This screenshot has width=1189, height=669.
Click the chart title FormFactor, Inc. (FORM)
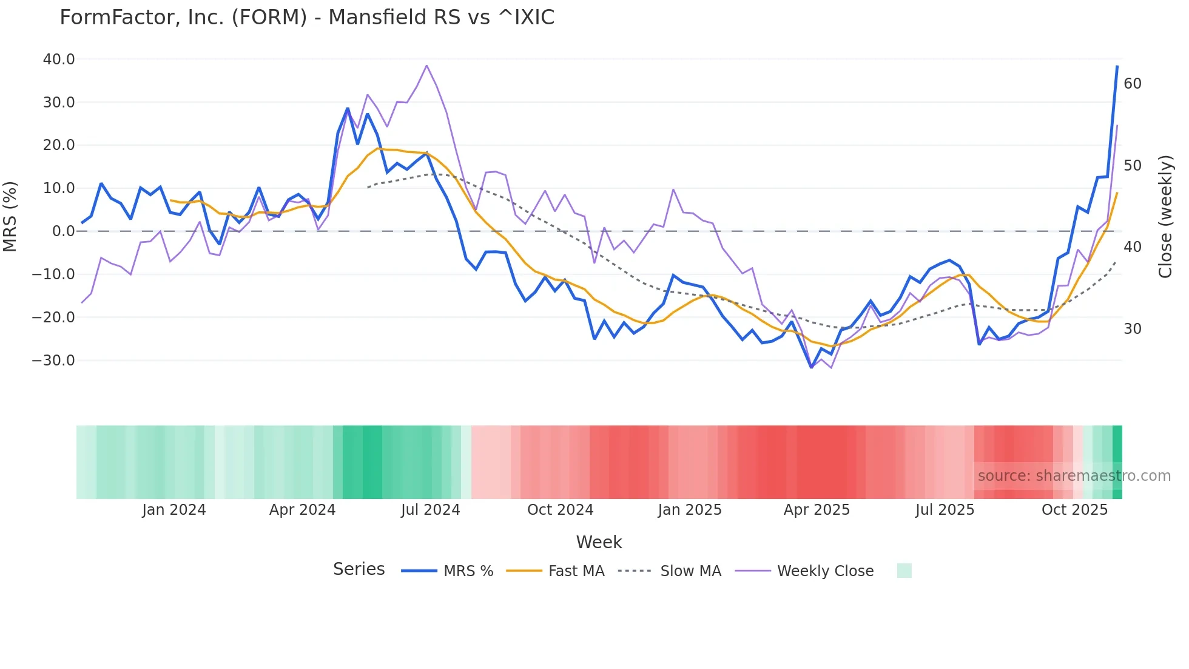[306, 18]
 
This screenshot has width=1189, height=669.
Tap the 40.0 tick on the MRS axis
[59, 59]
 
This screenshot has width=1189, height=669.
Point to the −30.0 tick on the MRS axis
[53, 361]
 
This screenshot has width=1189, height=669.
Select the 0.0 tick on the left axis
[63, 231]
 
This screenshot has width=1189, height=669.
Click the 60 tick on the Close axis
[1133, 84]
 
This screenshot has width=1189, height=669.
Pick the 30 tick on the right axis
[1133, 329]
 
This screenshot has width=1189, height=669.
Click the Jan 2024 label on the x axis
[174, 510]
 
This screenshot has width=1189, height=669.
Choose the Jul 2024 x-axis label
[431, 510]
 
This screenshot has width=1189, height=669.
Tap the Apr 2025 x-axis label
[817, 510]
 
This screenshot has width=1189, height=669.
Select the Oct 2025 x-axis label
[1074, 510]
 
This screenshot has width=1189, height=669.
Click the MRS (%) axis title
[10, 217]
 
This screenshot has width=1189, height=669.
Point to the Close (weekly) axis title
[1165, 217]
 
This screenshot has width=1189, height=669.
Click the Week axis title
[599, 542]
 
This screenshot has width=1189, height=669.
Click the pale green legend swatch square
[904, 571]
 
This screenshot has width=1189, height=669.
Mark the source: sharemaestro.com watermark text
[1074, 476]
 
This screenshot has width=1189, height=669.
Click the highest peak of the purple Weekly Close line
[426, 66]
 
